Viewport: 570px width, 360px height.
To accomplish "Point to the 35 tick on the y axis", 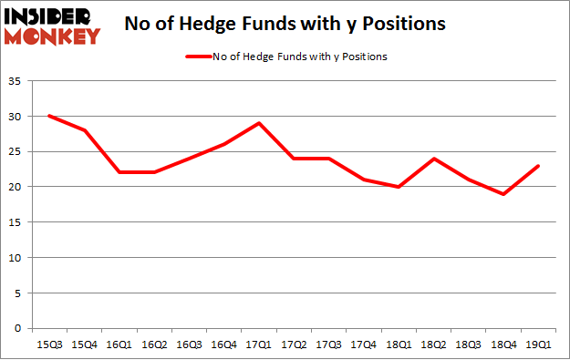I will [x=16, y=82].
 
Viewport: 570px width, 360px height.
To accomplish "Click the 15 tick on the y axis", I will [x=16, y=222].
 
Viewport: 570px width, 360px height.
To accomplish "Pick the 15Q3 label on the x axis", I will [x=49, y=344].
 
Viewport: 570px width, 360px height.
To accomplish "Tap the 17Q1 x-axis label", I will [x=260, y=344].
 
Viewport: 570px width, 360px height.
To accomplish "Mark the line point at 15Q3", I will [x=49, y=116].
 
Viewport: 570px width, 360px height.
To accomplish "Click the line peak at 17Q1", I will [x=260, y=123].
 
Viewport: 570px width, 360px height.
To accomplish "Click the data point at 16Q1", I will [x=119, y=172].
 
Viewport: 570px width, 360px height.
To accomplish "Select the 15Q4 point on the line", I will [x=85, y=130].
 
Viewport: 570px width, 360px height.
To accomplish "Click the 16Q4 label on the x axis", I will [x=225, y=344].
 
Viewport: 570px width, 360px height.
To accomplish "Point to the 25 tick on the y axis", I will [x=16, y=152].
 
